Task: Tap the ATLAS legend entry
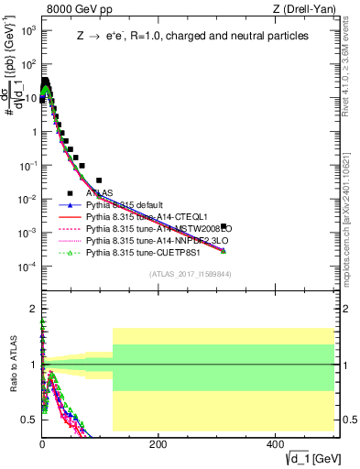click(99, 193)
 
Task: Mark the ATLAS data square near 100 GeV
click(99, 180)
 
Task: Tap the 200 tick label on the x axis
click(158, 443)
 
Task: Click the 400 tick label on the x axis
click(275, 443)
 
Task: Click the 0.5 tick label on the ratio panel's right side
click(347, 420)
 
